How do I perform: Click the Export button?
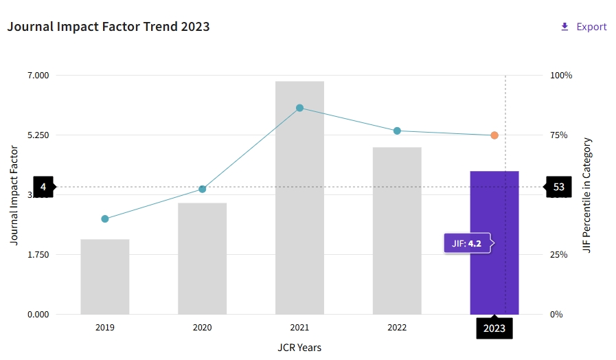pyautogui.click(x=584, y=27)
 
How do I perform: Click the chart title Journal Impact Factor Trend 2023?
pyautogui.click(x=109, y=27)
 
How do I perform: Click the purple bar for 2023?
pyautogui.click(x=494, y=206)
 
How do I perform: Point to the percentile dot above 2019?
pyautogui.click(x=105, y=218)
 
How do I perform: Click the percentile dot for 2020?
pyautogui.click(x=202, y=189)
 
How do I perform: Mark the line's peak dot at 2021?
pyautogui.click(x=299, y=108)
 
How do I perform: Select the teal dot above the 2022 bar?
pyautogui.click(x=397, y=131)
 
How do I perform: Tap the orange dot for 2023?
pyautogui.click(x=494, y=135)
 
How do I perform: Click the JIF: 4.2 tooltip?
pyautogui.click(x=468, y=243)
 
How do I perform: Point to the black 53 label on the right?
pyautogui.click(x=558, y=187)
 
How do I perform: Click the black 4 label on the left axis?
pyautogui.click(x=43, y=187)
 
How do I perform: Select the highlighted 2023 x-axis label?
pyautogui.click(x=494, y=328)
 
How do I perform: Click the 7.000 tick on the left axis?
pyautogui.click(x=38, y=75)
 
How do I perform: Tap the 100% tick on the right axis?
pyautogui.click(x=561, y=75)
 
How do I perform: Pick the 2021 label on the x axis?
pyautogui.click(x=299, y=328)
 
